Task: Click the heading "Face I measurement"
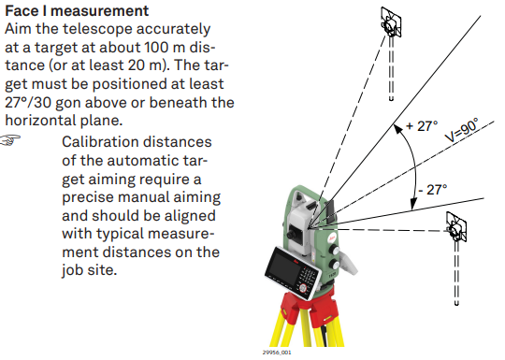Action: pos(77,10)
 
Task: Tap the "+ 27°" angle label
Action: pos(422,126)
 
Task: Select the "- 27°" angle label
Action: pos(433,190)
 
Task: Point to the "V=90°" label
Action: pos(462,130)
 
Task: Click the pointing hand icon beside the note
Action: pos(10,140)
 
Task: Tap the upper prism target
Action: pos(391,22)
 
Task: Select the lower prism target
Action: pos(456,227)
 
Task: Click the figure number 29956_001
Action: pos(277,353)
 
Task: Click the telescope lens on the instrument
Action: pos(293,233)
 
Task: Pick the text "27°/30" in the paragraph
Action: pos(28,103)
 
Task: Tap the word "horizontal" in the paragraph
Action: pos(36,121)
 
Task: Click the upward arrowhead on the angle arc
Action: pos(398,129)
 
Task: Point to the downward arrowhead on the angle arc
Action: pos(413,203)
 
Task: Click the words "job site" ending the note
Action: pos(89,270)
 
